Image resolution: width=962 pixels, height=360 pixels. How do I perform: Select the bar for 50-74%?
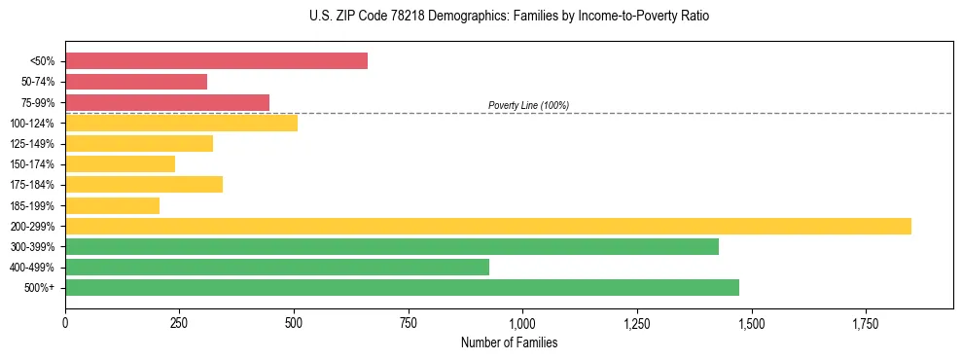pos(136,82)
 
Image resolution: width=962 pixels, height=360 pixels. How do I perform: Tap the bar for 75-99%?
pos(167,102)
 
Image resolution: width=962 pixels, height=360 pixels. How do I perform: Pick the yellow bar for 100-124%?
pos(181,123)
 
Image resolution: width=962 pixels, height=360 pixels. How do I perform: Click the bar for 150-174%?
pos(120,164)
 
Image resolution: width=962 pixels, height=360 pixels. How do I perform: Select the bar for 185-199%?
pos(112,205)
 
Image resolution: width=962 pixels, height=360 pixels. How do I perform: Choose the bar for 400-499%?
pos(277,267)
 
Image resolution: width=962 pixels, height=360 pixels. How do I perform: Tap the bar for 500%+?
pos(402,287)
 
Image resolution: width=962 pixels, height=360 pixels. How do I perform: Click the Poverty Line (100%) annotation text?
pos(528,105)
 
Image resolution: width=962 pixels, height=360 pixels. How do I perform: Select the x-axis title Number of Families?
pos(509,342)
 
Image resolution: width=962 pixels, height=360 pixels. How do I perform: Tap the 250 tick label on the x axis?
pos(179,323)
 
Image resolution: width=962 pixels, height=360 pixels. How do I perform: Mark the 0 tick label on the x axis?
pos(65,323)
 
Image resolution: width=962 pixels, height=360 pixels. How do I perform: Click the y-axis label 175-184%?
pos(32,185)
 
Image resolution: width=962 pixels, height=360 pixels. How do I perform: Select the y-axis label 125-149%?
pos(32,144)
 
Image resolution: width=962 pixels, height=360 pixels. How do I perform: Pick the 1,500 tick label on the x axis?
pos(751,323)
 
